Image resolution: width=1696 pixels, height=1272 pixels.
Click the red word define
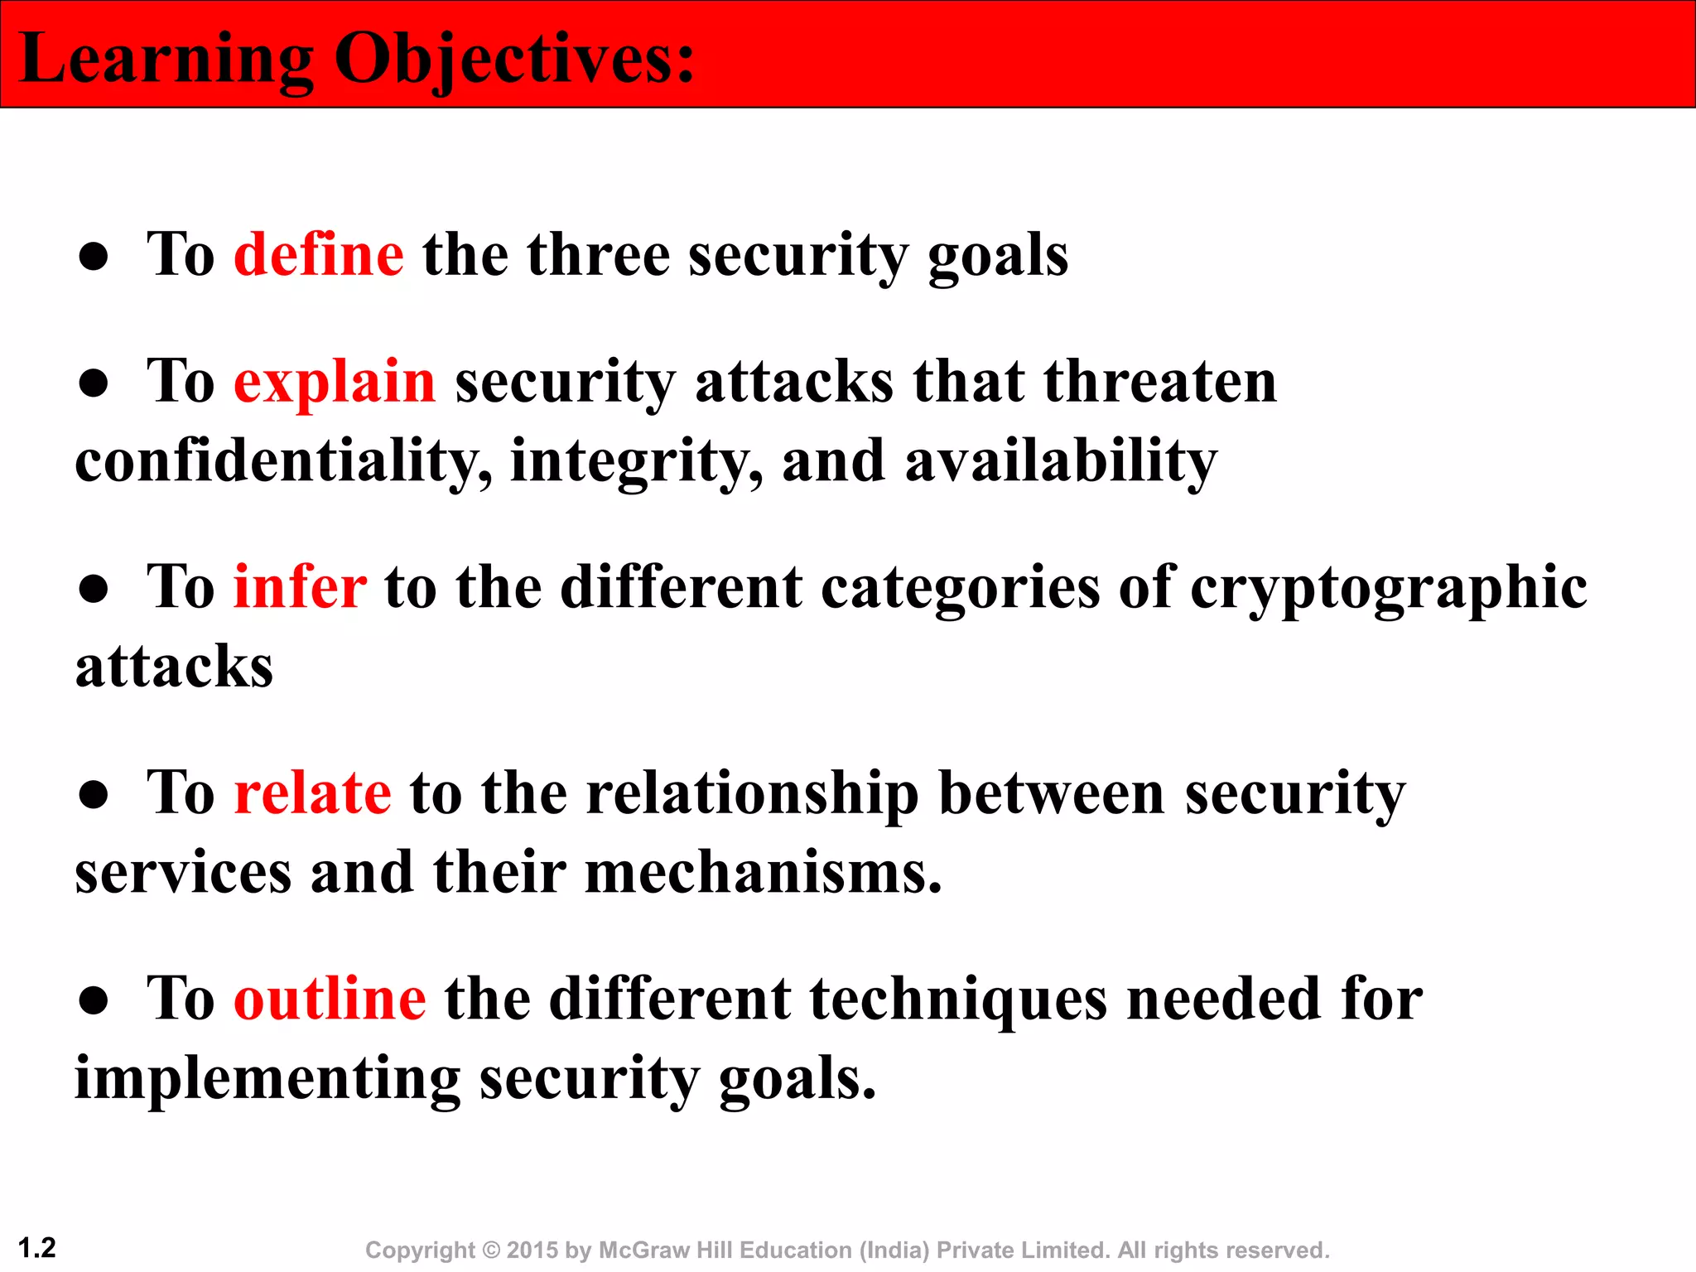point(319,255)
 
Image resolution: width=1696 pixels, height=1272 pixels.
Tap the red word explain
point(335,383)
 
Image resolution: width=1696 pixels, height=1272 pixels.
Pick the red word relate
point(312,793)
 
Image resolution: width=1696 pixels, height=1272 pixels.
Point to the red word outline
point(330,999)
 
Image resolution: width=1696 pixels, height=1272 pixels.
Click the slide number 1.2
point(36,1248)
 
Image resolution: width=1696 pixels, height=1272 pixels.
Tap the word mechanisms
point(763,874)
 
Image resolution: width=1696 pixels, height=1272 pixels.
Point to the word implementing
point(267,1080)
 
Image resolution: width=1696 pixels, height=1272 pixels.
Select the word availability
point(1061,462)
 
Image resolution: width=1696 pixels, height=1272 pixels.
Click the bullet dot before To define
point(94,258)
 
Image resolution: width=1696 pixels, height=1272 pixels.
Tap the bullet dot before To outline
point(94,1001)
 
